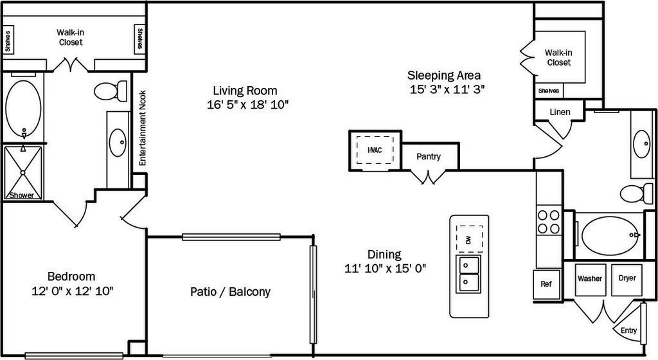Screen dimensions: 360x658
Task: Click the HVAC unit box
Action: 374,150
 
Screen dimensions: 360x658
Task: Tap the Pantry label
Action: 428,156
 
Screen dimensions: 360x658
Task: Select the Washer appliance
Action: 590,279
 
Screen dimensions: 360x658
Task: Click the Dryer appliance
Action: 627,279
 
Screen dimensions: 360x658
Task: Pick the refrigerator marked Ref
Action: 546,283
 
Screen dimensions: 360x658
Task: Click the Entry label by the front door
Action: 628,331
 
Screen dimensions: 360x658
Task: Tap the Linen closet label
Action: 560,112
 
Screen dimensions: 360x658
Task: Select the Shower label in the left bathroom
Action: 21,195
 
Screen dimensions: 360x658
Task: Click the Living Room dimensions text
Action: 247,105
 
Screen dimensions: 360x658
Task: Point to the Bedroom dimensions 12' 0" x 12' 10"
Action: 73,291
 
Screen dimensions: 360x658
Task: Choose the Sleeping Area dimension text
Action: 447,89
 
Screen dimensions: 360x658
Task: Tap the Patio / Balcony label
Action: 230,292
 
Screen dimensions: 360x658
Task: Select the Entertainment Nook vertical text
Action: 143,128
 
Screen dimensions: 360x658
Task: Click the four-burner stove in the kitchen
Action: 548,222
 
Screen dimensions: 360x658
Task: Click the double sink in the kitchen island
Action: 468,273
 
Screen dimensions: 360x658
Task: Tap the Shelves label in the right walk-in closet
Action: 549,91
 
